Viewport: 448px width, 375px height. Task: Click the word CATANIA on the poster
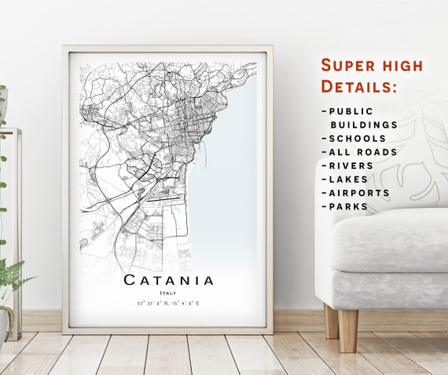coord(168,280)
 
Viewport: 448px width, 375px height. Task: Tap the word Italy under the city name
coord(168,293)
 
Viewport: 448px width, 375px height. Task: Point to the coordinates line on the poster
coord(168,303)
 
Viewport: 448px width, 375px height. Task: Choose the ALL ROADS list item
coord(363,152)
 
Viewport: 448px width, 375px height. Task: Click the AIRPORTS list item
coord(359,193)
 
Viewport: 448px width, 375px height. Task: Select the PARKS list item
coord(349,206)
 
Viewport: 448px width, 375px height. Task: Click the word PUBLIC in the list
coord(351,111)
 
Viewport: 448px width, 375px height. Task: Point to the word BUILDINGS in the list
coord(363,125)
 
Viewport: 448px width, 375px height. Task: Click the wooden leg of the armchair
coord(347,329)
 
